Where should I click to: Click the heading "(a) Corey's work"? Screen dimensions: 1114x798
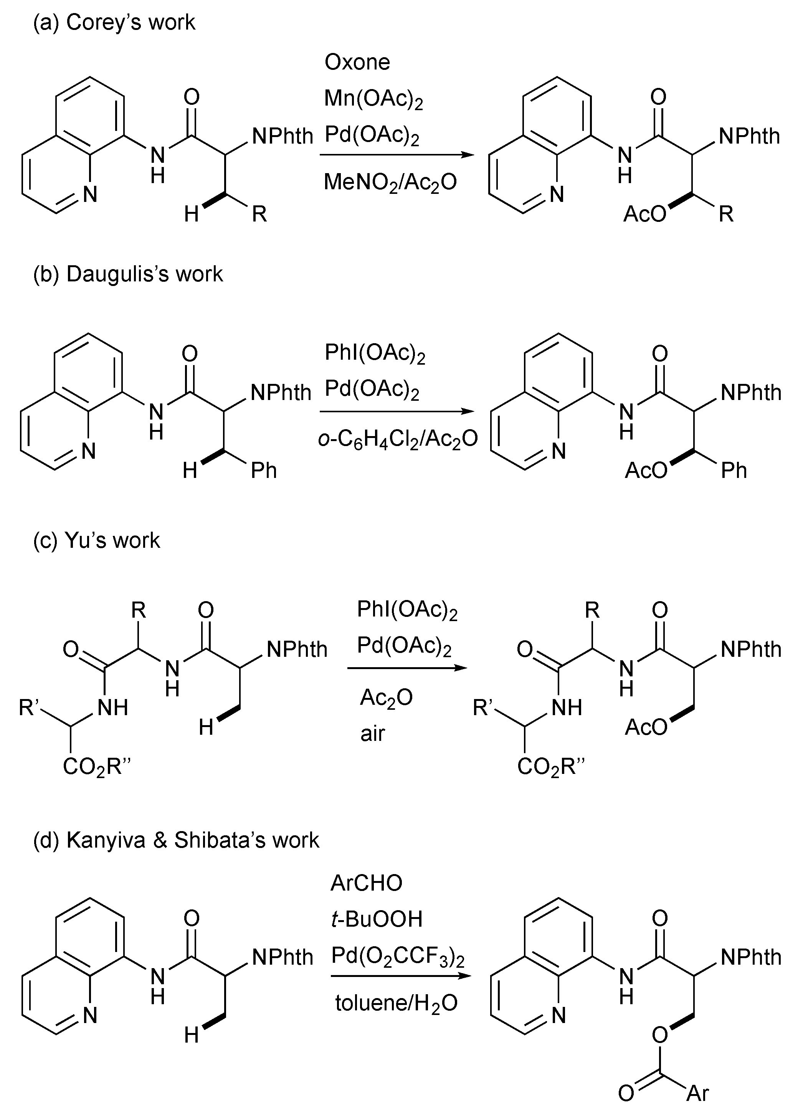pos(114,23)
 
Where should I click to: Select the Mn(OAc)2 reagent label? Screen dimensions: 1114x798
pos(373,99)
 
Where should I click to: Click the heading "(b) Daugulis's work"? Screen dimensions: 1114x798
pos(128,274)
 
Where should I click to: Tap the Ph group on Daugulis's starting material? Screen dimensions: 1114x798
pos(264,471)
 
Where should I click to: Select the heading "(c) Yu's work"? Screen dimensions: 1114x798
pos(96,540)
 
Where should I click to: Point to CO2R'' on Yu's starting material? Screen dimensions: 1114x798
pos(97,767)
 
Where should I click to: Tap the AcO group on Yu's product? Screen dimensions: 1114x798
pos(646,727)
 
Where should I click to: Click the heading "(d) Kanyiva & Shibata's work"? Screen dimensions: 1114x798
pos(176,840)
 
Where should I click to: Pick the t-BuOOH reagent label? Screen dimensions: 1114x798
pos(377,919)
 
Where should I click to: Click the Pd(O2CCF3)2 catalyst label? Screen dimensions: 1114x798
pos(398,956)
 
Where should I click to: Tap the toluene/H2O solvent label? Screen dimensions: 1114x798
pos(396,1003)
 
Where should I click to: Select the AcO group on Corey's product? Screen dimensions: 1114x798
pos(644,214)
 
